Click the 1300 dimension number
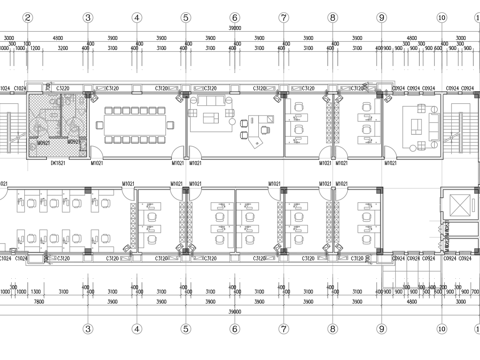click(x=35, y=292)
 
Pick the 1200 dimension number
click(x=35, y=47)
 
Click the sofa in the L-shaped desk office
click(x=211, y=102)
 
